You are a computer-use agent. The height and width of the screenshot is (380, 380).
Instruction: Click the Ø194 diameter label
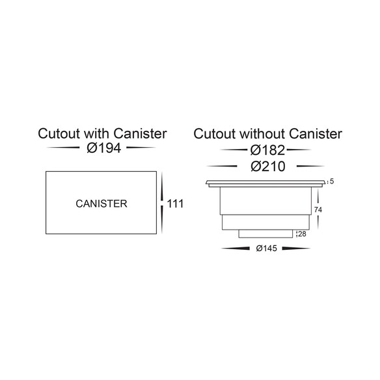tap(103, 148)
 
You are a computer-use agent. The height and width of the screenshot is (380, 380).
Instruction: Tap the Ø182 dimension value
tap(267, 150)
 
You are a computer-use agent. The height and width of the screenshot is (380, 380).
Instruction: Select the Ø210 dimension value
tap(268, 167)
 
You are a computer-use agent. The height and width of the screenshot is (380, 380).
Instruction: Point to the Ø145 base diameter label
tap(266, 249)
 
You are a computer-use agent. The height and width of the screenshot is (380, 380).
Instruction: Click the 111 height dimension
tap(175, 204)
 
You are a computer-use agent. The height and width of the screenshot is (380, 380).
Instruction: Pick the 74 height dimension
tap(318, 210)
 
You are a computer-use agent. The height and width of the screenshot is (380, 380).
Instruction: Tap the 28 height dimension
tap(302, 234)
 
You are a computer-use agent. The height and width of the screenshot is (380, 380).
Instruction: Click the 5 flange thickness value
tap(332, 182)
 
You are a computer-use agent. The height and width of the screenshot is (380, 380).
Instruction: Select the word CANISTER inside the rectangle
tap(102, 204)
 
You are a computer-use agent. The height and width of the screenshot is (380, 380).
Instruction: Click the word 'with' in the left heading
tap(97, 133)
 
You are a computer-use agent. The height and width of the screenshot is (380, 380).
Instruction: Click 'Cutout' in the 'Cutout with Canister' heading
tap(59, 133)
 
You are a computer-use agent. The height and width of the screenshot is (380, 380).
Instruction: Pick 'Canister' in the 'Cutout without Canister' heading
tap(316, 134)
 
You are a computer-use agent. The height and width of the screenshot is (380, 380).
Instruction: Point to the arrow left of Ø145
tap(236, 249)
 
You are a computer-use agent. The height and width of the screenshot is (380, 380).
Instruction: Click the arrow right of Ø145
tap(297, 249)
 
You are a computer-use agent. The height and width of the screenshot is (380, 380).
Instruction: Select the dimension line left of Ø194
tap(63, 147)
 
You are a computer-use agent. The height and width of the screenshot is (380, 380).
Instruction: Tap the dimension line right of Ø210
tap(310, 167)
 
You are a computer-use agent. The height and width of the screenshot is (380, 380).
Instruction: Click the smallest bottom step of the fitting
tap(265, 234)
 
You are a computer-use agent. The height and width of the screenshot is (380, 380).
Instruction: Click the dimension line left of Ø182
tap(233, 150)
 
